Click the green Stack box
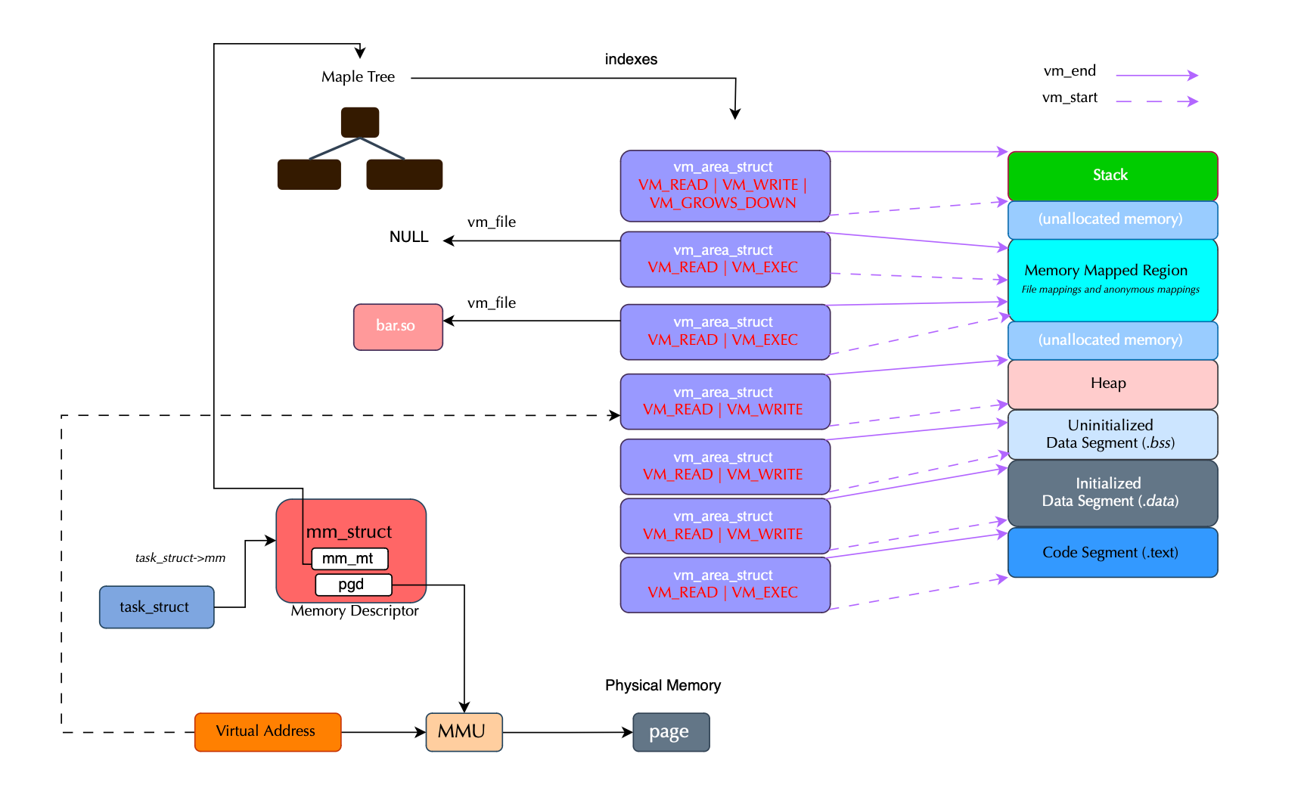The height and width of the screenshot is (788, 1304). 1112,175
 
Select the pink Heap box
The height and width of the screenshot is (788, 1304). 1112,384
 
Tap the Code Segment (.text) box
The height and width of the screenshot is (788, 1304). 1112,552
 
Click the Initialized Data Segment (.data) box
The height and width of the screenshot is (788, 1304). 1112,492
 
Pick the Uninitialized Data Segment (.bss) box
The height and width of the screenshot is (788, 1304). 1112,434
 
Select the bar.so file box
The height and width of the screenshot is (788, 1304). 398,327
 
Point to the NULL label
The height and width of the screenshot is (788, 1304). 408,237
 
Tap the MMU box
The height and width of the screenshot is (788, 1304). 464,731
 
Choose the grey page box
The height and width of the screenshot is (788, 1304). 671,732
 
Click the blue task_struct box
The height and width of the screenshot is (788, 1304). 157,607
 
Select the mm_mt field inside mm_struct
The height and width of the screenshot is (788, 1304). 349,559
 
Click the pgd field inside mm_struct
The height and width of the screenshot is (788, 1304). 353,585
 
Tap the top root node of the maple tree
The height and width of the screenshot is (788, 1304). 360,122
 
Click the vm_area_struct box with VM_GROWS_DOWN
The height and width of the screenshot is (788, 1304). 725,185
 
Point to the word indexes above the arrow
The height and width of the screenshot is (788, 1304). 631,60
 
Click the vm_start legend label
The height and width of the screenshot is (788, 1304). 1070,98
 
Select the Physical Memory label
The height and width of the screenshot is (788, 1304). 663,685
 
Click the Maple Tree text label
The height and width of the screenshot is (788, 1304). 358,77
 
